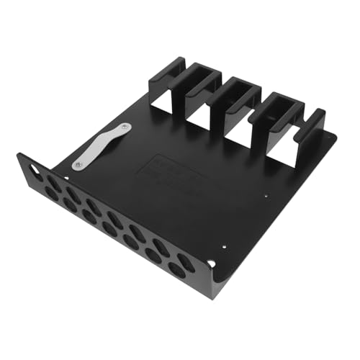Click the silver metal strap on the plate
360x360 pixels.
pyautogui.click(x=101, y=146)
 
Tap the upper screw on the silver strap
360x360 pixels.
pyautogui.click(x=126, y=127)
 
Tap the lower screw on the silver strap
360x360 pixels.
pyautogui.click(x=77, y=166)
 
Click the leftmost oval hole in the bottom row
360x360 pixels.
pyautogui.click(x=51, y=192)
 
